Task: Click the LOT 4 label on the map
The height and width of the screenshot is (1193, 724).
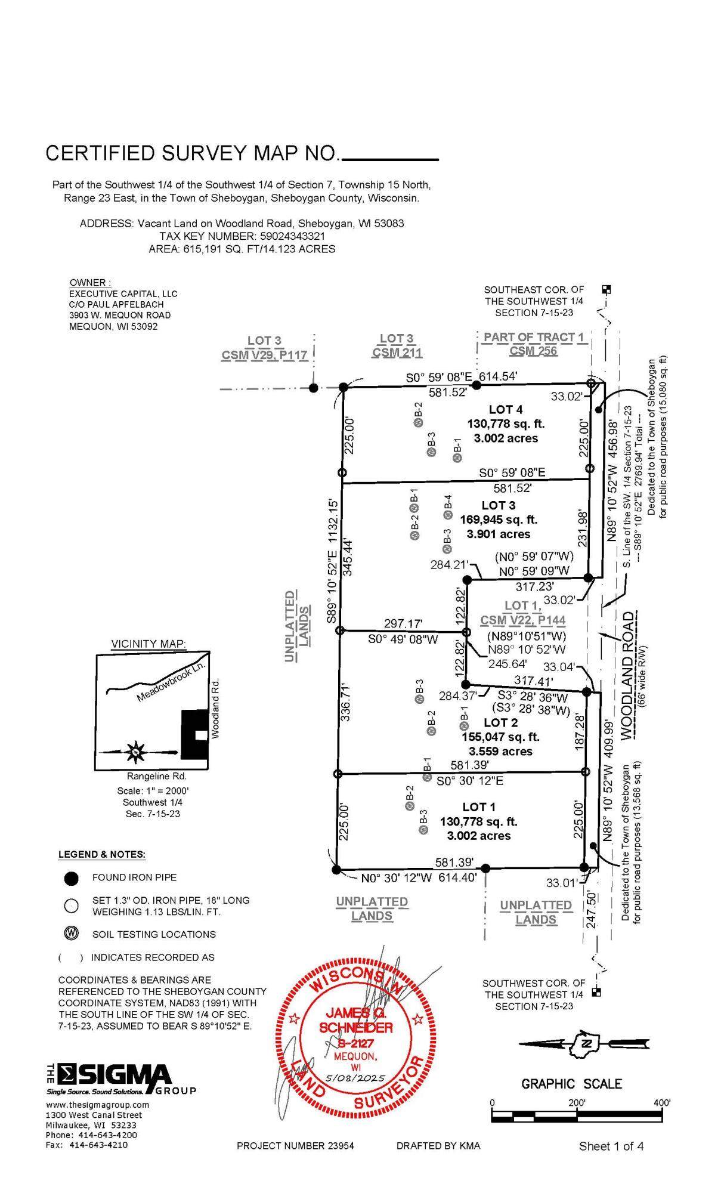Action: [505, 409]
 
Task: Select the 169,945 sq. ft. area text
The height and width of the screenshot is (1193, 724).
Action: [498, 520]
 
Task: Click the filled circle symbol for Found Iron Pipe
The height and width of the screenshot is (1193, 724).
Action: [72, 878]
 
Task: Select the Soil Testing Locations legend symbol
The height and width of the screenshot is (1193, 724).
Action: [72, 934]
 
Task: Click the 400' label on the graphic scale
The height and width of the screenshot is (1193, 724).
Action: [661, 1102]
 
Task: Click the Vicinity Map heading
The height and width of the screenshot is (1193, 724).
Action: [148, 644]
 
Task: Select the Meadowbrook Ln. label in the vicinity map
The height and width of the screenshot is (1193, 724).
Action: [171, 682]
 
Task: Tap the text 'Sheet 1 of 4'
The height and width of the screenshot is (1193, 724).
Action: [611, 1146]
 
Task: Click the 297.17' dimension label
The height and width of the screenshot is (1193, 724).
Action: [403, 624]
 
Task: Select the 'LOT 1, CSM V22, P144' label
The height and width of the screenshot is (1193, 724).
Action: [523, 613]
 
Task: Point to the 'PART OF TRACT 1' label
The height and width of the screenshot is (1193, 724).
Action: [533, 337]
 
